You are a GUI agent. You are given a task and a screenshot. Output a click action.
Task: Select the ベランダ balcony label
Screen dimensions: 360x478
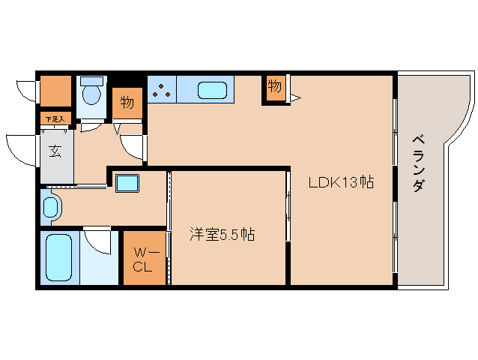click(419, 163)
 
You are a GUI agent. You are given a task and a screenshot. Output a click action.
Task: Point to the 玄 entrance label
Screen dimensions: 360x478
click(55, 151)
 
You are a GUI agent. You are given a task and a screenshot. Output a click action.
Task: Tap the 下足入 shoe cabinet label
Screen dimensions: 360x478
click(55, 118)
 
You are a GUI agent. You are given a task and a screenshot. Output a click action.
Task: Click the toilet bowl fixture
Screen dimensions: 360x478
click(91, 94)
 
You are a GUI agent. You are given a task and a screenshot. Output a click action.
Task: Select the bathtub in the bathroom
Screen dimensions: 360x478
click(58, 257)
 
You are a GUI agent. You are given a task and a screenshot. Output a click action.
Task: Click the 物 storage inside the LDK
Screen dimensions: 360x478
click(275, 87)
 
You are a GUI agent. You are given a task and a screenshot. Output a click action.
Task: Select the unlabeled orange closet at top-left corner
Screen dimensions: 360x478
click(55, 91)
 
